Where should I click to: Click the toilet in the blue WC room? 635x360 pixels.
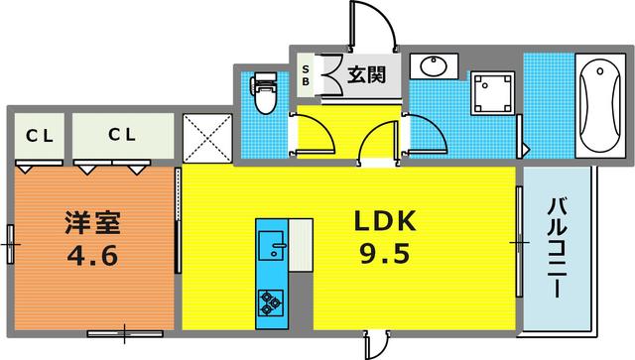coord(264,92)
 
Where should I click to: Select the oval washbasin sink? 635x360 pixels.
coord(434,66)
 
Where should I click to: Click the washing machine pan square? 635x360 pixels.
coord(492,93)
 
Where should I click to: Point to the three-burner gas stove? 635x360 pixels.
coord(270,303)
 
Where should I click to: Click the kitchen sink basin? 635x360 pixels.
coord(271,246)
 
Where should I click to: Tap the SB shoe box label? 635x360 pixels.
coord(306,75)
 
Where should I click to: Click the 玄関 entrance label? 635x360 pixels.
coord(367,75)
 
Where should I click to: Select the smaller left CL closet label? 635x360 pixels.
coord(40,136)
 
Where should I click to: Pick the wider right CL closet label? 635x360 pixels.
coord(122,135)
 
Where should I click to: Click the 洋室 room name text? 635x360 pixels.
coord(92,223)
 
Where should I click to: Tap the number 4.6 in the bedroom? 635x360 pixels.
coord(92,256)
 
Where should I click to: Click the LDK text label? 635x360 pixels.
coord(385,221)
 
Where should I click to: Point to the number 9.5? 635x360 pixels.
coord(385,254)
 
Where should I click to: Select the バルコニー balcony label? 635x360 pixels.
coord(557,248)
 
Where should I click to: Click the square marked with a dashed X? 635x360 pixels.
coord(207,138)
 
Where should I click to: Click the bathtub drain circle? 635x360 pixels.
coord(600,71)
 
